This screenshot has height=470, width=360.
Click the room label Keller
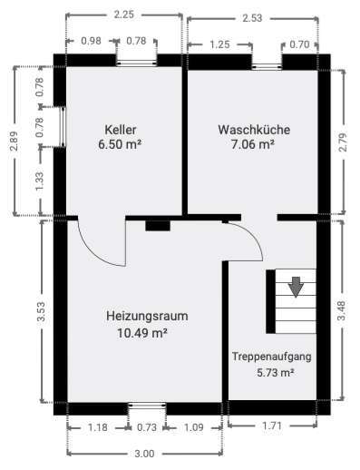point(122,130)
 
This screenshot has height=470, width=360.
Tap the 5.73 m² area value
point(276,372)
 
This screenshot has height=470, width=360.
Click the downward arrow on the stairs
point(296,288)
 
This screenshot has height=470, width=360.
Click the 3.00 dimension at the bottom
point(145,455)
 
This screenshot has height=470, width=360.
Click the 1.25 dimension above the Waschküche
point(219,43)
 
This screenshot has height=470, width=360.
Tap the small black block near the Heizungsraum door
point(157,225)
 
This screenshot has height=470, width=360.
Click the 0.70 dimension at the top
point(300,43)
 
